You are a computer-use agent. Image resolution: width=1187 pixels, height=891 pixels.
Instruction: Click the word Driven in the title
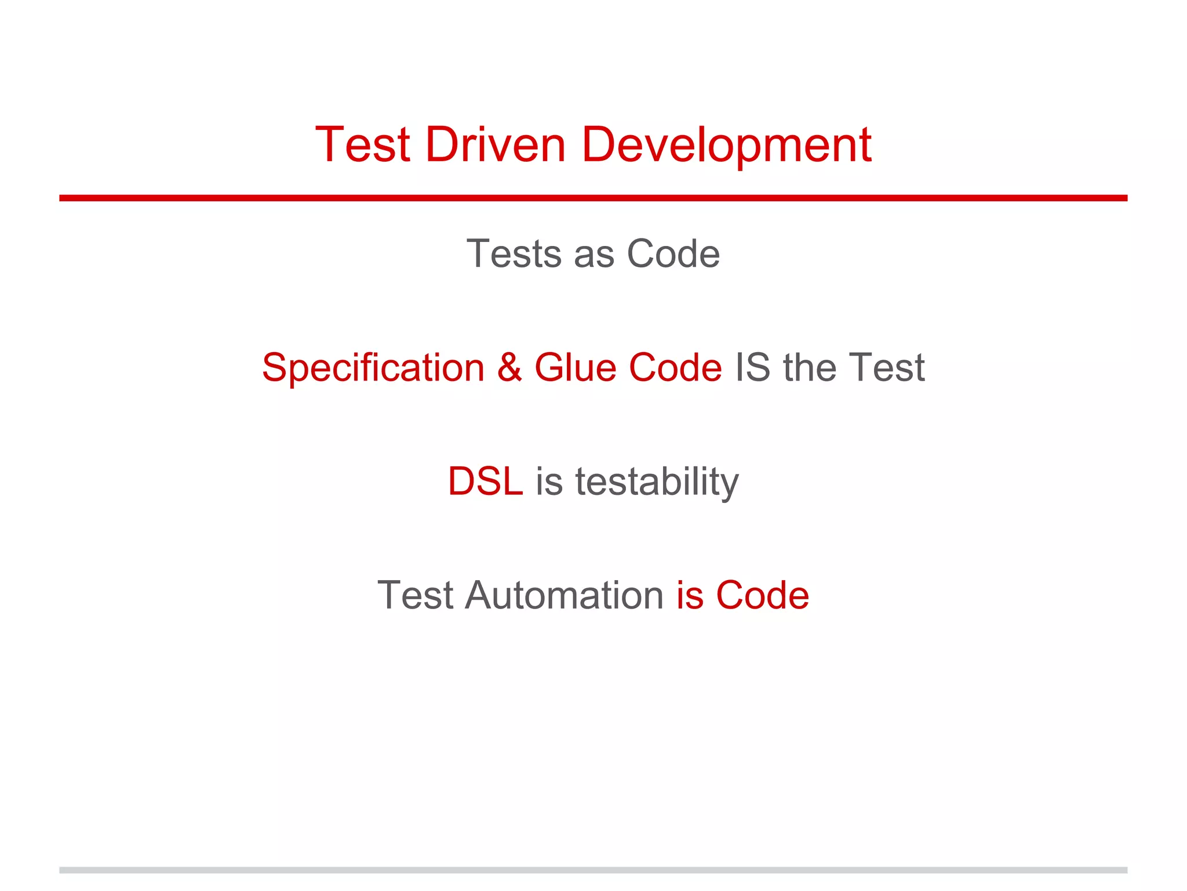(x=495, y=144)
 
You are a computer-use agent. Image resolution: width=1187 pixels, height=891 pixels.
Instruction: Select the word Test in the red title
(x=363, y=144)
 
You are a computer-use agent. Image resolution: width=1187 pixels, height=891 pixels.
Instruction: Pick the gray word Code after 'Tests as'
(x=673, y=254)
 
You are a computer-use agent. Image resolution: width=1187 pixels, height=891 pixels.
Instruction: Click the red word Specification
(x=373, y=368)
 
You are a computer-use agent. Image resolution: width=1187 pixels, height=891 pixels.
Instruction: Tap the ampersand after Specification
(x=509, y=368)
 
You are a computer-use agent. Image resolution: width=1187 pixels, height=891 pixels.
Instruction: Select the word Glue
(x=575, y=368)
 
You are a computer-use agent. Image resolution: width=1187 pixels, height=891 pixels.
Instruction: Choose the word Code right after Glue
(x=675, y=368)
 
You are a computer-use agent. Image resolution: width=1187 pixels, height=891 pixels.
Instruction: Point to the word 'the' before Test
(x=809, y=368)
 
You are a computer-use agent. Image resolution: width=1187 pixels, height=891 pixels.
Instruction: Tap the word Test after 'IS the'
(x=886, y=368)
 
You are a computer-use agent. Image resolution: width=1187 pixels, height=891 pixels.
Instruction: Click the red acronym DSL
(x=485, y=481)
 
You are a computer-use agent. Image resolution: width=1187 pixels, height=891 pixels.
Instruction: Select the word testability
(x=657, y=481)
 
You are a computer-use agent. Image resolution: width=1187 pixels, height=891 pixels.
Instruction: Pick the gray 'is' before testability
(x=549, y=481)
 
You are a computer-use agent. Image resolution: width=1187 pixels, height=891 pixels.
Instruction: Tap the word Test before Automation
(x=415, y=595)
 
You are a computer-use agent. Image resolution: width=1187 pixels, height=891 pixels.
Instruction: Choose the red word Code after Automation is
(x=762, y=595)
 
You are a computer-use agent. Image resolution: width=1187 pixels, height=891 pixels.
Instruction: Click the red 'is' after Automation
(x=690, y=595)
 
